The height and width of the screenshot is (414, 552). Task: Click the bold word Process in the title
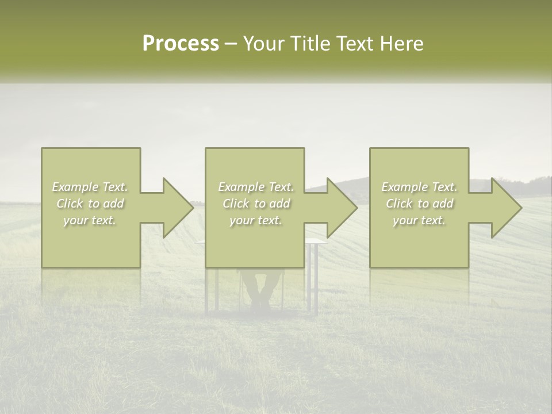(181, 44)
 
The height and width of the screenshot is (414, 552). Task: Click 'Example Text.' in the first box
(90, 187)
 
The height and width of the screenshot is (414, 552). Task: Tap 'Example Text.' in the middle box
(256, 187)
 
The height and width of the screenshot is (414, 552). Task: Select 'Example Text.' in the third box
(419, 187)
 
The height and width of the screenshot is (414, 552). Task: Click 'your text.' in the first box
(90, 220)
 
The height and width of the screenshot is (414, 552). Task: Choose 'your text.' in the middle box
(256, 220)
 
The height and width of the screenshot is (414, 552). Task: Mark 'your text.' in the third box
(419, 220)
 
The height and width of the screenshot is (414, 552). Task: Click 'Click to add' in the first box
(90, 204)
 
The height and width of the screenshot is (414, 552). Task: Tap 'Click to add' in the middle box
(256, 204)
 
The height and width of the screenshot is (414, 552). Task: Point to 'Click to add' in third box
(419, 204)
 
